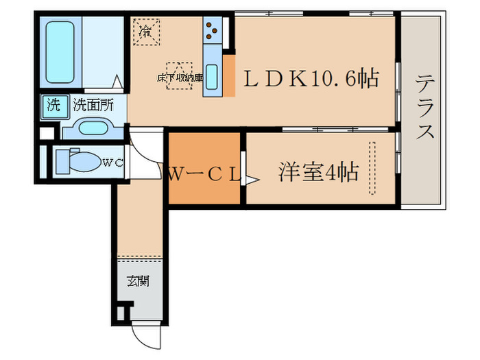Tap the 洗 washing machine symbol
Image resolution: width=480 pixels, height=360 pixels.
[x=53, y=106]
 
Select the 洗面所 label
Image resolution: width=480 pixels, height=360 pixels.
[x=93, y=106]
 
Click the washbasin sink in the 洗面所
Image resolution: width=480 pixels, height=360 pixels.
[x=90, y=128]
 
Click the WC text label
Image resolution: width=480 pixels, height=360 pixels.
[x=113, y=163]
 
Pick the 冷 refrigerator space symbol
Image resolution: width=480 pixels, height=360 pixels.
[x=145, y=31]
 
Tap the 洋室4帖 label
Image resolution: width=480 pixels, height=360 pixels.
[x=318, y=172]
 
